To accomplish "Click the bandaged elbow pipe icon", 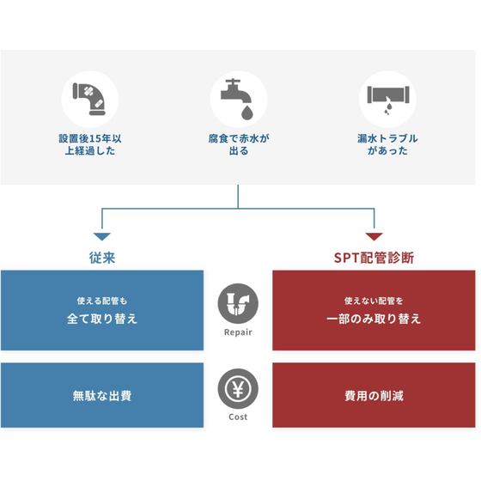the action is click(89, 99).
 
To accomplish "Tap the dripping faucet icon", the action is click(237, 99).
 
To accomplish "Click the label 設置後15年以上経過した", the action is click(90, 144).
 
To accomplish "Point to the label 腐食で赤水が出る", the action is click(239, 144).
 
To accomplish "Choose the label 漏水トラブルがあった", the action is click(387, 144).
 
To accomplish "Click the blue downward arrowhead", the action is click(102, 236).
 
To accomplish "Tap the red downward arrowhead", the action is click(374, 236).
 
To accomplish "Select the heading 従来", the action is click(102, 258).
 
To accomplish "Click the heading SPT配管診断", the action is click(374, 258).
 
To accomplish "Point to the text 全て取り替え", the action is click(102, 319).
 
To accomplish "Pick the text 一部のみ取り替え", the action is click(374, 319).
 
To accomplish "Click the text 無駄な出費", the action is click(102, 396).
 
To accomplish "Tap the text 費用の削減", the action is click(374, 396).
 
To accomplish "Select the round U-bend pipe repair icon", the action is click(238, 303).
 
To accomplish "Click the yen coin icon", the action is click(238, 388).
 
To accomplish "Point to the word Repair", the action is click(238, 332).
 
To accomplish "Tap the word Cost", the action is click(238, 417).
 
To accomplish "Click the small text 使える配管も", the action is click(102, 301).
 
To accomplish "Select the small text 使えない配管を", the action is click(374, 301).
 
